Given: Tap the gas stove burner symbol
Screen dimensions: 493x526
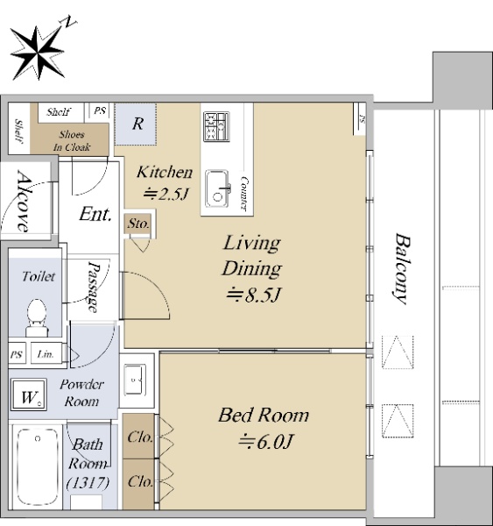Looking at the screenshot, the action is coord(216,126).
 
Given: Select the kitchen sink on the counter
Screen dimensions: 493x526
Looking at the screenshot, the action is coord(218,188).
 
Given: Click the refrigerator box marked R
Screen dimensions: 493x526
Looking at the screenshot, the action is coord(136,124).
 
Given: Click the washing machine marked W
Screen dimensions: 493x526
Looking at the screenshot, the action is coord(29,394).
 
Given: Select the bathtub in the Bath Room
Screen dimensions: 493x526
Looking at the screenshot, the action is coord(38,467).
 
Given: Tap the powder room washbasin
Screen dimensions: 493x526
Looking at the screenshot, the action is coord(135,380).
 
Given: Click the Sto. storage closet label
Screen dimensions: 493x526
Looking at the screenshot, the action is coord(138,224).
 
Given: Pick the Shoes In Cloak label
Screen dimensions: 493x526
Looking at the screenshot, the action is coord(72,141).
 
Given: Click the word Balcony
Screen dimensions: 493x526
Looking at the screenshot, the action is coord(402,269).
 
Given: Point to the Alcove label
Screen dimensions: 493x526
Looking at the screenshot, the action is coord(23,201).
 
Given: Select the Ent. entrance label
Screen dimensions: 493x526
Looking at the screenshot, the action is coord(95,214).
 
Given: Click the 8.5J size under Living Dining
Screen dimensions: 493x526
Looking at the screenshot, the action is coord(254,295).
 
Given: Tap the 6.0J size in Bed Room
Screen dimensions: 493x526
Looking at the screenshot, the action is coord(265,442).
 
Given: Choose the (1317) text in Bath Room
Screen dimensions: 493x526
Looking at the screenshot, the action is coord(88,483).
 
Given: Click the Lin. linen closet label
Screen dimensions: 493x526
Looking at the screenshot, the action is coord(46,354).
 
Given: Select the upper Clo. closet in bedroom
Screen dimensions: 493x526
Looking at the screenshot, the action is coord(140,437).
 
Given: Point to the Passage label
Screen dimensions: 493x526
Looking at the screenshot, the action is coord(94,288).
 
